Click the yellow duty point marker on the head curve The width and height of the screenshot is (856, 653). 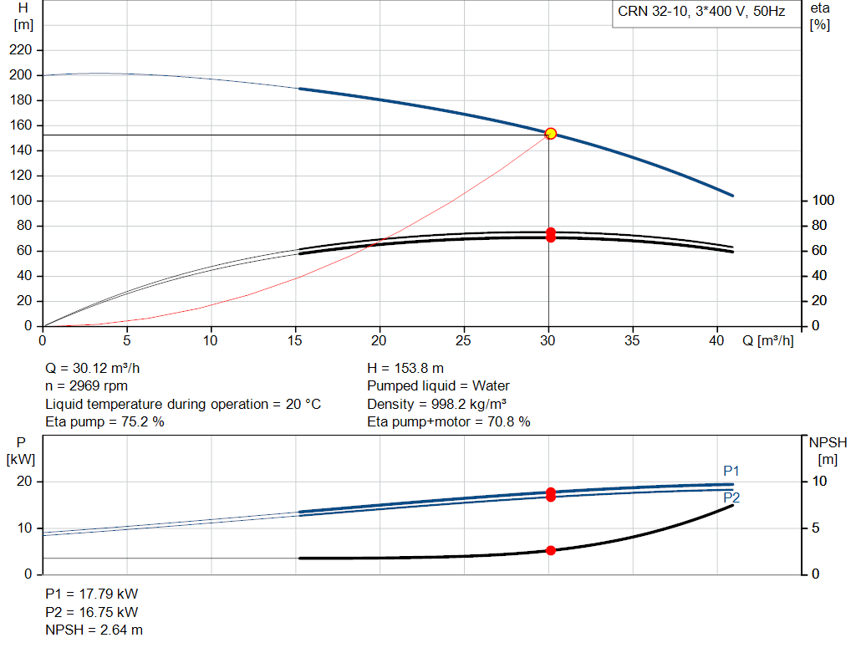tap(550, 133)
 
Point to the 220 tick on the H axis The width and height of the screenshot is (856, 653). tap(21, 50)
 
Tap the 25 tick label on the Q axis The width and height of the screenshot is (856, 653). tap(463, 340)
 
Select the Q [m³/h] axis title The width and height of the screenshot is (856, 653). tap(767, 340)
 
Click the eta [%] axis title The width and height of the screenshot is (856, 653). tap(820, 17)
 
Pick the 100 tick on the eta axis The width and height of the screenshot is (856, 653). tap(823, 201)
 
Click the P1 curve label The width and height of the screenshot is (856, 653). tap(731, 471)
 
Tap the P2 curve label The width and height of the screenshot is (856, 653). tap(731, 497)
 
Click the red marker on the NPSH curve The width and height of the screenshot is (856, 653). tap(550, 550)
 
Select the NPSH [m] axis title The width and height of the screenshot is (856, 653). tap(828, 451)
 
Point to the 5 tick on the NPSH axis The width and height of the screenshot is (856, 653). tap(815, 528)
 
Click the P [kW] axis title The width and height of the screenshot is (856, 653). tap(21, 451)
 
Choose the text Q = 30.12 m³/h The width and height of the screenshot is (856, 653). tap(92, 369)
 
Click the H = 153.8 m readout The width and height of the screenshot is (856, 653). tap(405, 369)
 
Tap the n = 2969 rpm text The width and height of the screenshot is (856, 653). tap(86, 386)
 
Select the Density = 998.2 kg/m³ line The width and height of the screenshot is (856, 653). tap(436, 404)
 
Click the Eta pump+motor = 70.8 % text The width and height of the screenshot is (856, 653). tap(449, 422)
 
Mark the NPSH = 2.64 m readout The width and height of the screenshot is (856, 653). tap(94, 630)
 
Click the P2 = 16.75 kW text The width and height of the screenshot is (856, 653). tap(92, 612)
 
